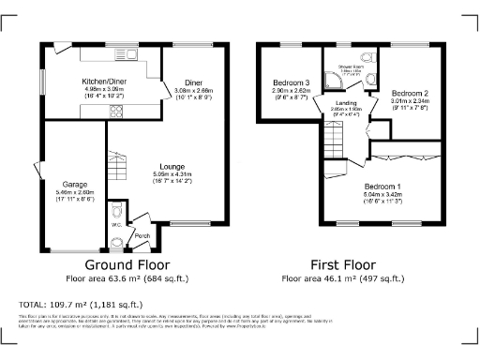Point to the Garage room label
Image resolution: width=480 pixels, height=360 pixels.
point(75,184)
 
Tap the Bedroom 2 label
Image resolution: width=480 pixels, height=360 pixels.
point(410,94)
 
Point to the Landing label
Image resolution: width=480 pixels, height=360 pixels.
point(345,102)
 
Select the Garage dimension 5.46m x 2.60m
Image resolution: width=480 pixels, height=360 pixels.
point(75,193)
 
